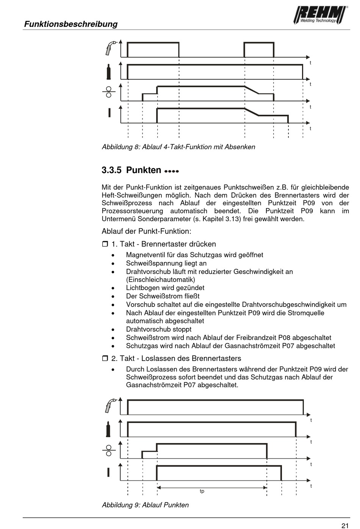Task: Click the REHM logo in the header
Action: point(320,15)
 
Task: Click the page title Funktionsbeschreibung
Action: point(71,24)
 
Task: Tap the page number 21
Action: point(344,525)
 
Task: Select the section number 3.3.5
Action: point(111,170)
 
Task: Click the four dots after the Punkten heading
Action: point(172,171)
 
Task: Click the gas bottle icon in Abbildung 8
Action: point(109,72)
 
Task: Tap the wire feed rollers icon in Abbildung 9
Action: point(109,451)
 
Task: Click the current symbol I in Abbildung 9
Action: point(108,472)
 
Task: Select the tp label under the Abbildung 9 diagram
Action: point(202,491)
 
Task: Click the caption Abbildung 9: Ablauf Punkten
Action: point(145,505)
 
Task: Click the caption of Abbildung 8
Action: point(178,147)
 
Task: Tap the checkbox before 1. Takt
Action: point(105,244)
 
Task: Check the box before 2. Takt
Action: point(105,358)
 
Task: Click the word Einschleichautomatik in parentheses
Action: point(161,279)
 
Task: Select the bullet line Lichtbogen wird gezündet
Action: point(165,288)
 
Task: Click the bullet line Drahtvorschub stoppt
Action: point(158,329)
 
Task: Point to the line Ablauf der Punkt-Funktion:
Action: point(146,231)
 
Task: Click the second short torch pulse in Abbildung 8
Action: point(259,49)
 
